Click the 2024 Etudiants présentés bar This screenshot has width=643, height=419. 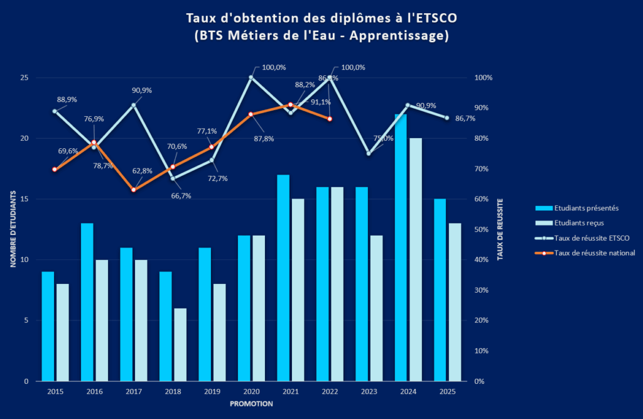(401, 248)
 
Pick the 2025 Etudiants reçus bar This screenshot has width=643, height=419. (455, 302)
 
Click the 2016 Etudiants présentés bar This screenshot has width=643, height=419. (87, 302)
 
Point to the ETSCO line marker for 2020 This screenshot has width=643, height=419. (251, 77)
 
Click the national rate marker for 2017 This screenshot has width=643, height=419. (133, 190)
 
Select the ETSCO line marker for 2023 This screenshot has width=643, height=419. (369, 153)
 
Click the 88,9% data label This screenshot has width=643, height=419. (67, 99)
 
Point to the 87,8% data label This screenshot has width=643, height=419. (264, 139)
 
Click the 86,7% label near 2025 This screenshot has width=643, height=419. (465, 118)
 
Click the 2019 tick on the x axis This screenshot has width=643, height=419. (212, 392)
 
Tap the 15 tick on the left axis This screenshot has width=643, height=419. (24, 199)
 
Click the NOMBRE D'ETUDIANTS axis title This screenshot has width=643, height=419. (13, 229)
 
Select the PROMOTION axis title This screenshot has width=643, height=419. (251, 404)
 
